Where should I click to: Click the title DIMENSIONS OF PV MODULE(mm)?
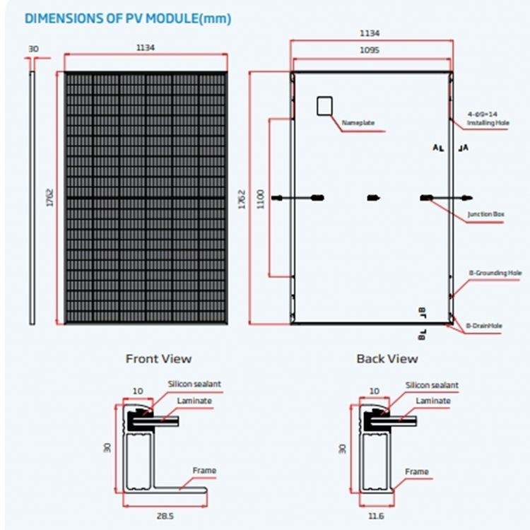point(128,19)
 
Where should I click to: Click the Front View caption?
point(158,358)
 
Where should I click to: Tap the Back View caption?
point(387,358)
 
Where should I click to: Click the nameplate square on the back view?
point(324,105)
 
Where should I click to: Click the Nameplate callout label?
point(359,123)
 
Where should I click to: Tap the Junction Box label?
point(485,213)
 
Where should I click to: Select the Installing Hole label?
point(488,123)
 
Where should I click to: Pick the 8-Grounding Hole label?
point(495,273)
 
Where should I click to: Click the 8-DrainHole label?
point(483,326)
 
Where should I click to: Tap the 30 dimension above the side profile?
point(33,49)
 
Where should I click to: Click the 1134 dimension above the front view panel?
point(145,47)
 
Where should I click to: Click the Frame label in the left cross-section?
point(204,471)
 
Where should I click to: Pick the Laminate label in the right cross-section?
point(432,401)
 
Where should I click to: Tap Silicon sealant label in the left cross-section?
point(194,384)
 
